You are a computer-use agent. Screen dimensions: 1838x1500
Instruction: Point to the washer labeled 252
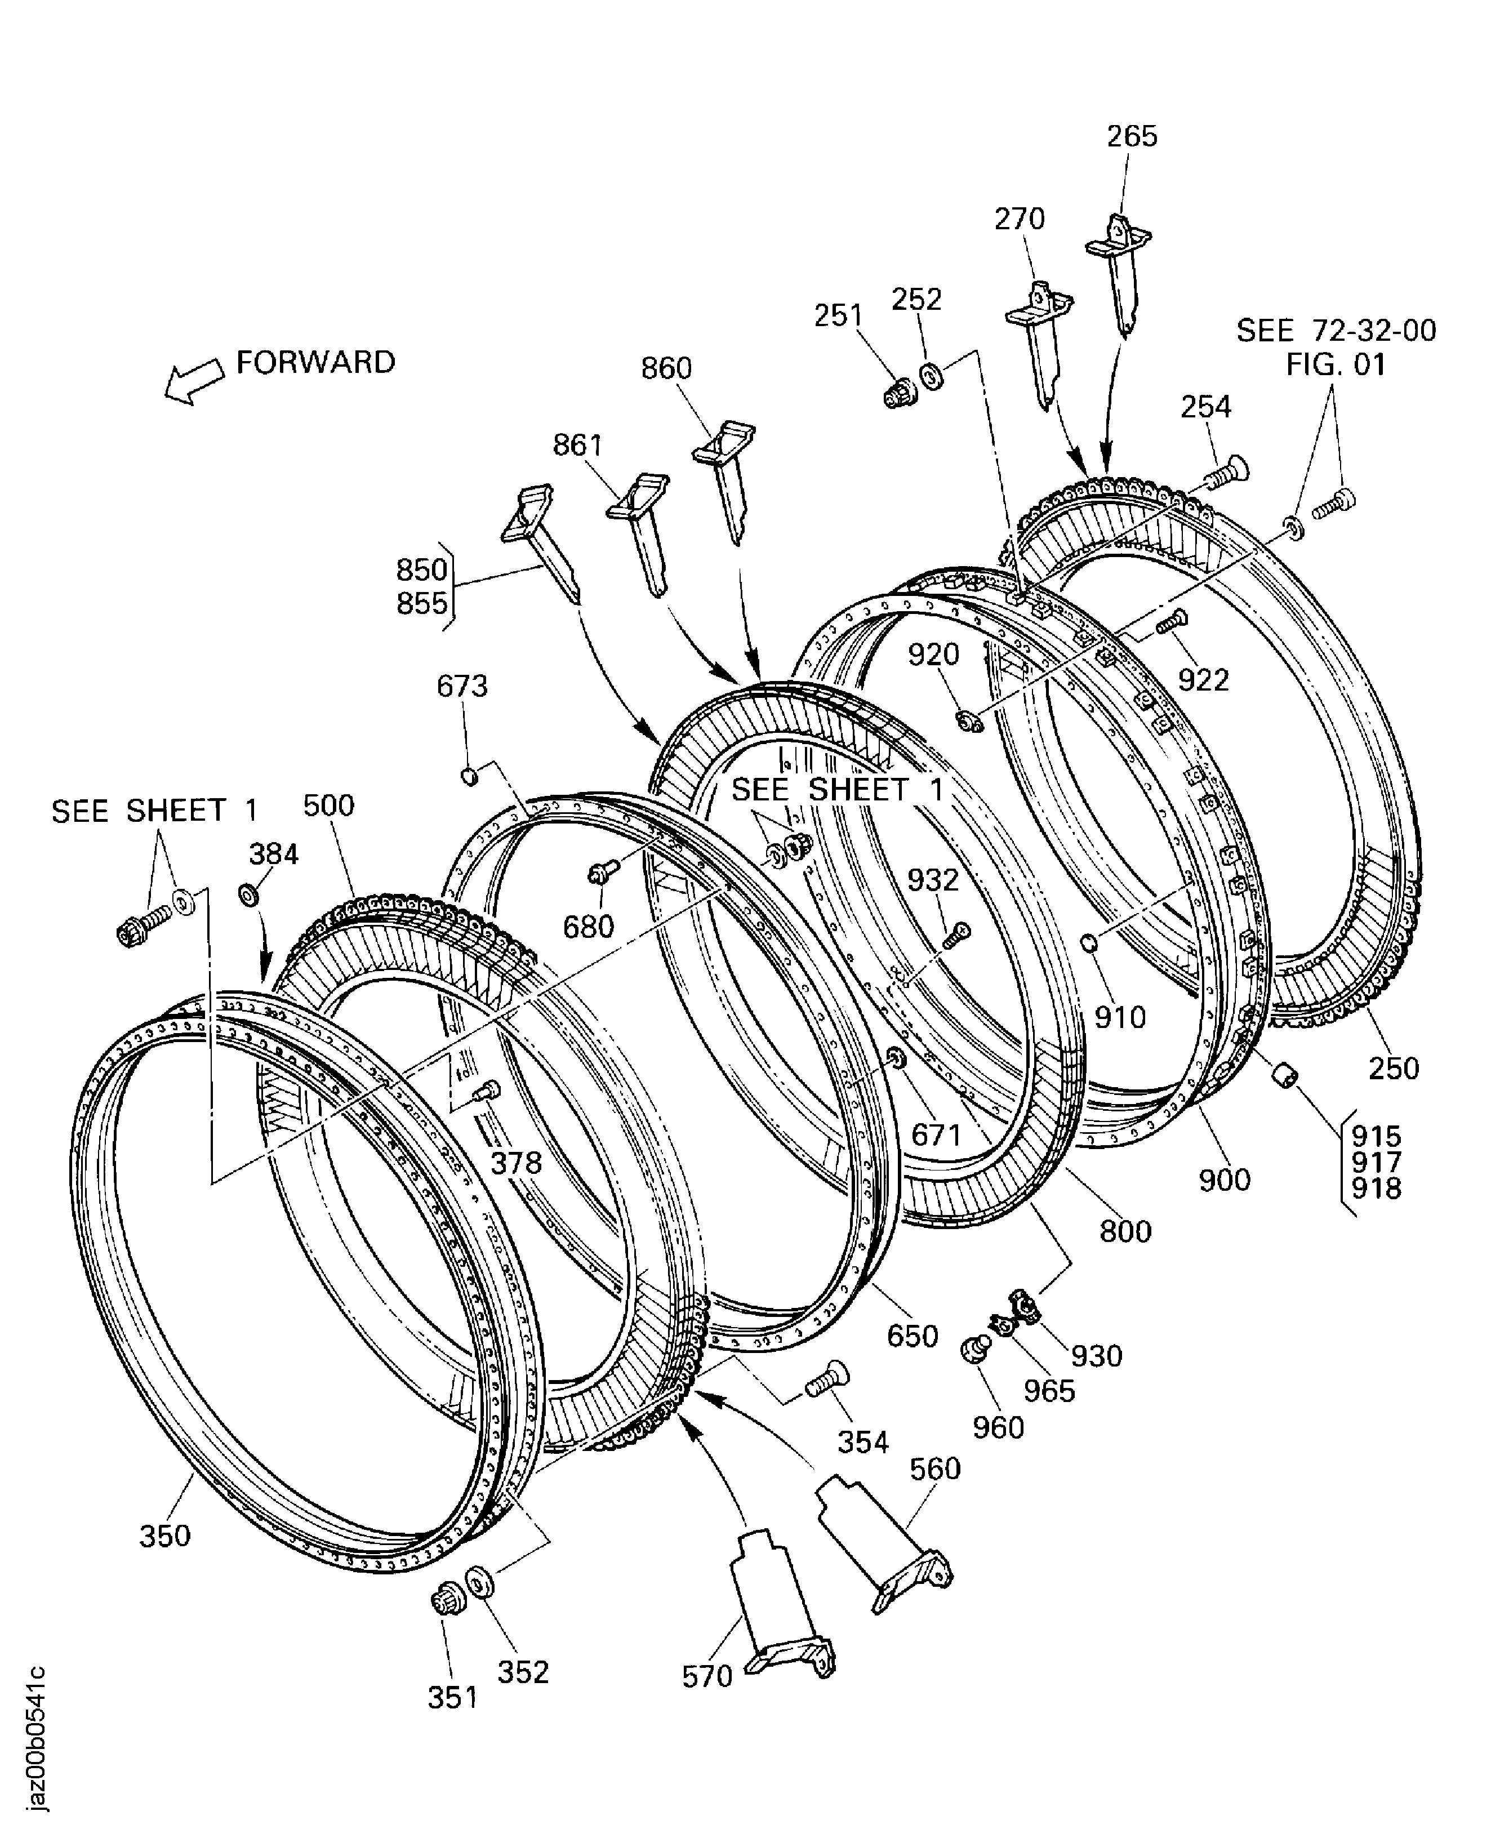pos(932,377)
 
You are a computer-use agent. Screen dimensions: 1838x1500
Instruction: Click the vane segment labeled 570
pos(778,1609)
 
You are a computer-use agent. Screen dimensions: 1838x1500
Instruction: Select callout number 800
pos(1125,1231)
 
